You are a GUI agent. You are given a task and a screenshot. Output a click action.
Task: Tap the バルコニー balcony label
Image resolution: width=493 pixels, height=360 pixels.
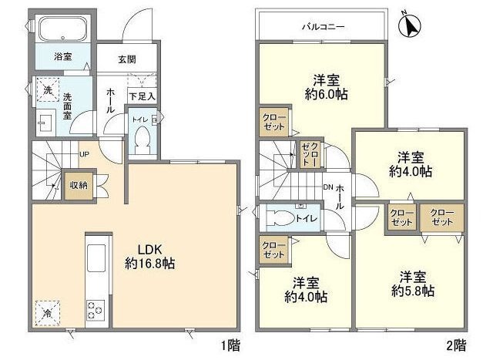(324, 27)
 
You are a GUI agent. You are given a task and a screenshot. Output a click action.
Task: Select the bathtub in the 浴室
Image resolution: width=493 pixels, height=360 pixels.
(63, 29)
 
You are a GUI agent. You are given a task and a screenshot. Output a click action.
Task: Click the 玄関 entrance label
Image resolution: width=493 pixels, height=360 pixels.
(127, 59)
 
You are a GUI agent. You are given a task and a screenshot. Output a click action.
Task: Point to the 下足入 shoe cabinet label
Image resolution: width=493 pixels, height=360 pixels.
(143, 96)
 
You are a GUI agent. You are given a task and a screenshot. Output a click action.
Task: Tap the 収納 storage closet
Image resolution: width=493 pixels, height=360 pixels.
(79, 185)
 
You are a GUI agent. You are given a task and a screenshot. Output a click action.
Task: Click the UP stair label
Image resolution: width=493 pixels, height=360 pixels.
(84, 154)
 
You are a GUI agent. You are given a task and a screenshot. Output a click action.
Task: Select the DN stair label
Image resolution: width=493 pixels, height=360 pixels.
(328, 187)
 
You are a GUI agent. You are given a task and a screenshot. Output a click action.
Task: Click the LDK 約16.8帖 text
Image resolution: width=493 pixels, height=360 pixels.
(150, 257)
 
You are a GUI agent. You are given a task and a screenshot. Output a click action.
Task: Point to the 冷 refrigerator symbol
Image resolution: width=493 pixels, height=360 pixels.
(48, 313)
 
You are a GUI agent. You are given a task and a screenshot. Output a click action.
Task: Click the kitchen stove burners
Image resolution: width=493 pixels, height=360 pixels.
(96, 311)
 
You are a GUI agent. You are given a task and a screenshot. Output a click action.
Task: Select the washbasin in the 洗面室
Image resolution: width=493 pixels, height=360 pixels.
(46, 123)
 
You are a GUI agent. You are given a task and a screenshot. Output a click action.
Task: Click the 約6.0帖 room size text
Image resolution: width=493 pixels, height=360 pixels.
(327, 94)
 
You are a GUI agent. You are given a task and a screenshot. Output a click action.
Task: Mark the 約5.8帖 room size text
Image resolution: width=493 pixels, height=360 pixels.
(413, 291)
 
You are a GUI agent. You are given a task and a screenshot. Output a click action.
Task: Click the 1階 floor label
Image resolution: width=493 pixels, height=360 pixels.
(231, 346)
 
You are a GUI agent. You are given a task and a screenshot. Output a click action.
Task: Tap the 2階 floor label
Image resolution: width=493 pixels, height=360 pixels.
(457, 346)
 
